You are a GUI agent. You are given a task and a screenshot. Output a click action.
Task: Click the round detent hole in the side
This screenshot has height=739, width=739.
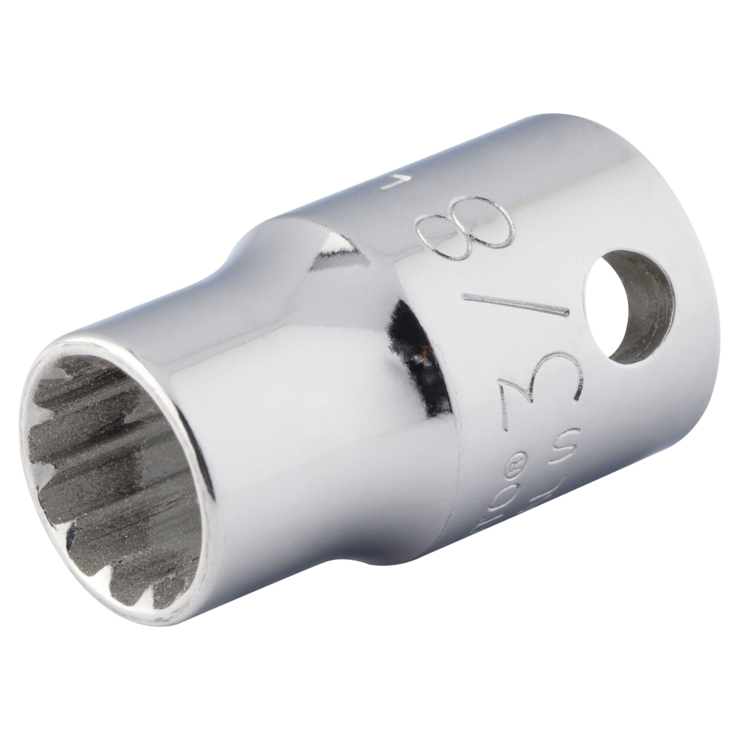point(627,306)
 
